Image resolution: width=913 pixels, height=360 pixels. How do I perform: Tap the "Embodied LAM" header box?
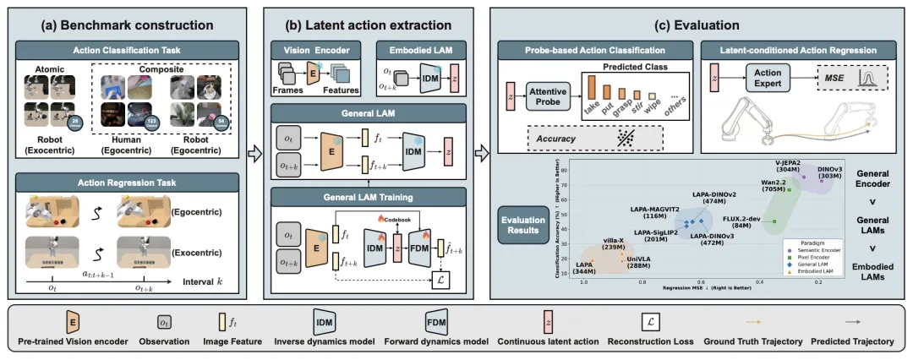click(419, 50)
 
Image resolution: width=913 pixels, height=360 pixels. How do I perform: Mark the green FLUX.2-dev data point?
click(775, 221)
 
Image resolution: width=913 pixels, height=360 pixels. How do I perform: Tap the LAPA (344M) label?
click(583, 270)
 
